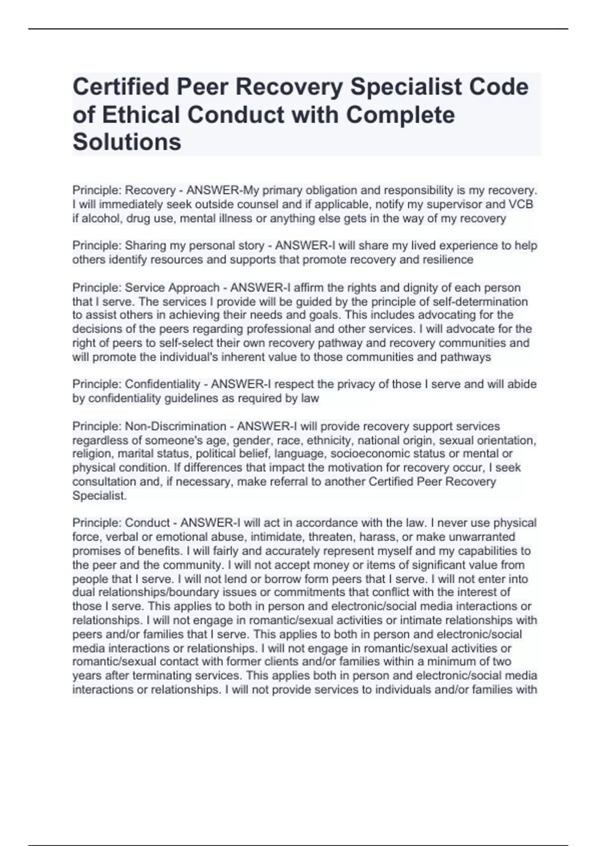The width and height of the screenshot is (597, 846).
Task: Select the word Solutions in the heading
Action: (x=127, y=142)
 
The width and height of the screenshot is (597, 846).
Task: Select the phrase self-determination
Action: (x=480, y=302)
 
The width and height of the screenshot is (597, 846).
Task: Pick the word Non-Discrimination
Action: (x=176, y=426)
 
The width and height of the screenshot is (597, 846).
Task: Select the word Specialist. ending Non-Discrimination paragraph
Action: (x=99, y=496)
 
